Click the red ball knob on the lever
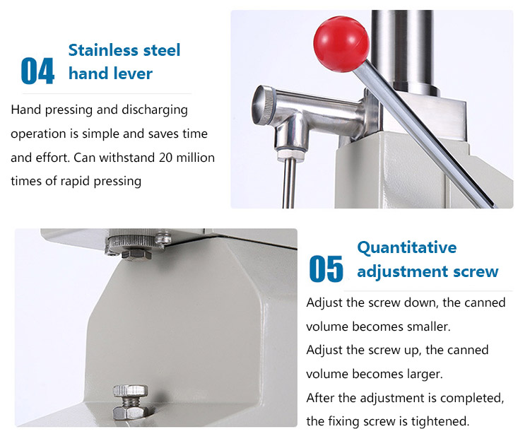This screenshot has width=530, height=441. (341, 45)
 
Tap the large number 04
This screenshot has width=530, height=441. (37, 71)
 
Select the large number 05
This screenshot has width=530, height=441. (326, 269)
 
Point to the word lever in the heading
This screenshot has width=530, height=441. (133, 73)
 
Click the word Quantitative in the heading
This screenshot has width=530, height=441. (407, 248)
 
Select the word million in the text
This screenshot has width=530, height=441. (195, 158)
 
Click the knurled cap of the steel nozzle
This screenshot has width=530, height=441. (262, 105)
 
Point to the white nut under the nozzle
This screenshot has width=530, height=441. (290, 155)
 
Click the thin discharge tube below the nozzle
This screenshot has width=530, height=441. (289, 184)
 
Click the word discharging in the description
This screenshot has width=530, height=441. (155, 110)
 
